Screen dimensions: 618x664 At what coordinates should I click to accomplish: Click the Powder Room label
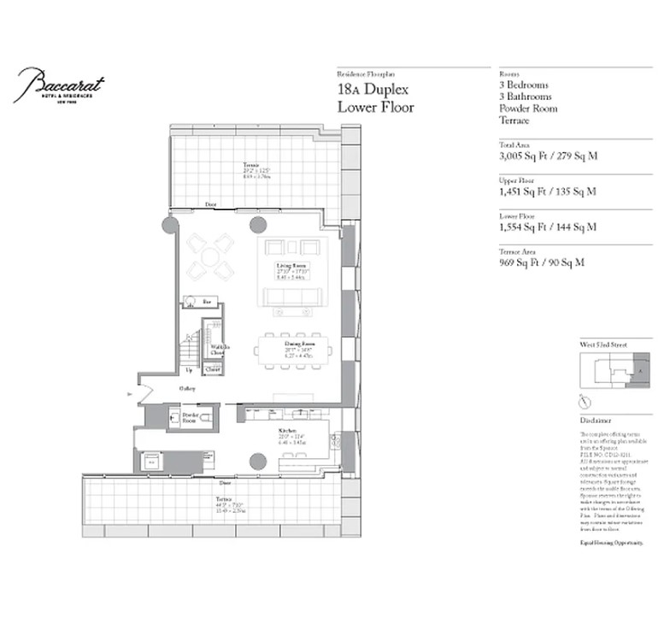point(190,418)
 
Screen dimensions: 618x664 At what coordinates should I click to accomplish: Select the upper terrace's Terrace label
point(250,165)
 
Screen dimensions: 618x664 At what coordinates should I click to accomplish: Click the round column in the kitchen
point(256,462)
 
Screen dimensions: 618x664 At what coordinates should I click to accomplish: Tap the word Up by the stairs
point(189,369)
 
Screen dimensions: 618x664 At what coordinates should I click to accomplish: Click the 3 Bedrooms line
point(525,85)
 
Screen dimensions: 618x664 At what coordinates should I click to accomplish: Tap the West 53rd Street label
point(603,344)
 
